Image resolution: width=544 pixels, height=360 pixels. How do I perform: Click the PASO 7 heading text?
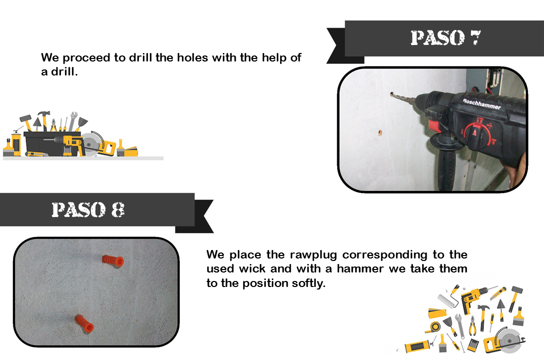(x=446, y=37)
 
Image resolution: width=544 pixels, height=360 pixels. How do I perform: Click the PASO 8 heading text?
(x=88, y=209)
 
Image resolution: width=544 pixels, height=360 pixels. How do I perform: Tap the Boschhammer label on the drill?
(x=482, y=103)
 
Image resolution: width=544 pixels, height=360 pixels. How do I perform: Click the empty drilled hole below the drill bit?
(x=380, y=132)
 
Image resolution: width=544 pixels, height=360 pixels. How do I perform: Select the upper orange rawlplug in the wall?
(x=113, y=260)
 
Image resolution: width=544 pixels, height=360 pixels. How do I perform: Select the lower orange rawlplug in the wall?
(x=84, y=323)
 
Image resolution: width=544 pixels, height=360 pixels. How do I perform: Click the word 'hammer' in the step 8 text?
(x=360, y=268)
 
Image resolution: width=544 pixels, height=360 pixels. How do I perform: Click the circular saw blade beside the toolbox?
(x=91, y=142)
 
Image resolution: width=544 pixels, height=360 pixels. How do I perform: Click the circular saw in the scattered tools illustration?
(x=505, y=340)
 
